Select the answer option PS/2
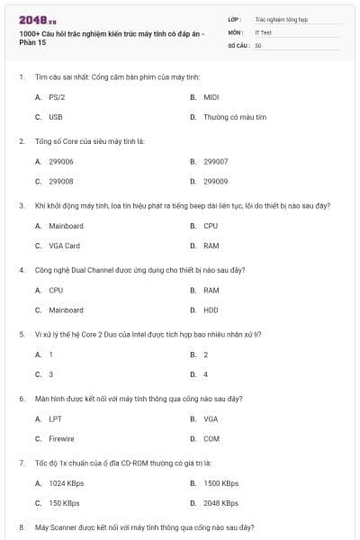click(x=57, y=96)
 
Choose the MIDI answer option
click(x=211, y=96)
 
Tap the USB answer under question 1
click(x=56, y=117)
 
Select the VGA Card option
click(x=64, y=246)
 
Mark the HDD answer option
click(x=211, y=310)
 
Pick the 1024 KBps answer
click(x=67, y=483)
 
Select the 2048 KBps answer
click(x=220, y=503)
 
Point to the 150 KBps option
click(x=64, y=503)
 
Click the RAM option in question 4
click(x=211, y=291)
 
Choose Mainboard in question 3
click(x=66, y=226)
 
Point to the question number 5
click(x=22, y=334)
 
